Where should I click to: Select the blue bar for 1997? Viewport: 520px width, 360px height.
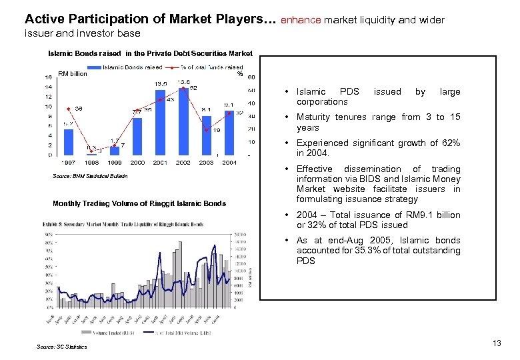(69, 141)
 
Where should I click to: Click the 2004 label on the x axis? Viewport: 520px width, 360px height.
(229, 163)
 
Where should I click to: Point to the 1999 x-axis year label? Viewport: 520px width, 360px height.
(115, 163)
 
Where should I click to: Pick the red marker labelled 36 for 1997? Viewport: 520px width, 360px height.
(69, 109)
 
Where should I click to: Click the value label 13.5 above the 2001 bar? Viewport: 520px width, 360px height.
(161, 83)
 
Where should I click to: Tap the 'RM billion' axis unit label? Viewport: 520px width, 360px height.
(73, 74)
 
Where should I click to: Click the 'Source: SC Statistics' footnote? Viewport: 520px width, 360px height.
(62, 347)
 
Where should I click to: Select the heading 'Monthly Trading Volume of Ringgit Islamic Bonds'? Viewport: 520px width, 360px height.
(139, 203)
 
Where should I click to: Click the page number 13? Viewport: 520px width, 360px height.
(496, 343)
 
